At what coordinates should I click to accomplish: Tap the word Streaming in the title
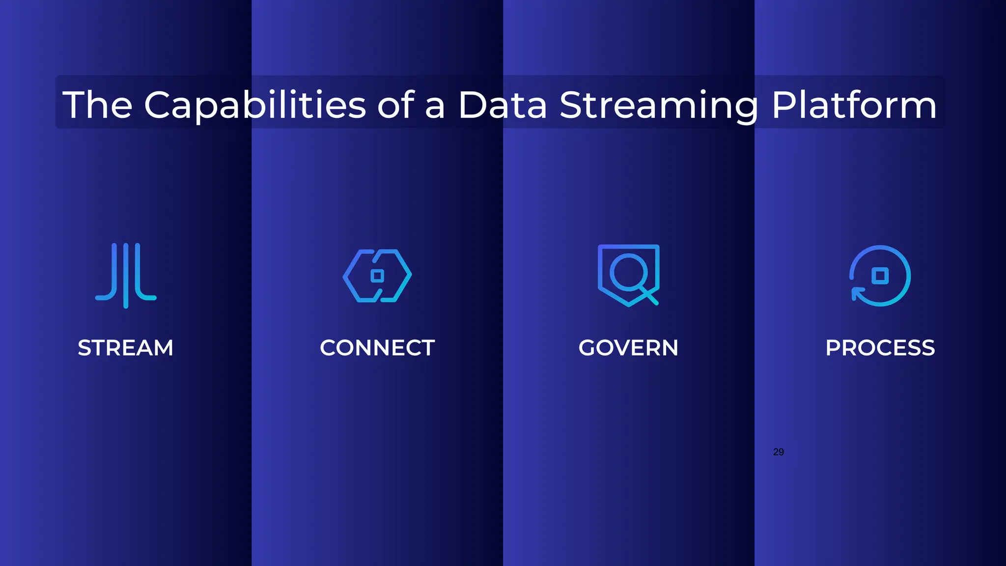click(x=659, y=105)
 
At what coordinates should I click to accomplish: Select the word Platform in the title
click(x=854, y=105)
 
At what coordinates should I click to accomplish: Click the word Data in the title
click(x=502, y=105)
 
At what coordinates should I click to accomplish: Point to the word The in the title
click(x=97, y=105)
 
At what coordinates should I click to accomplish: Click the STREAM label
click(x=126, y=348)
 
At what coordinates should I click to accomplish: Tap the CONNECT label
click(x=377, y=348)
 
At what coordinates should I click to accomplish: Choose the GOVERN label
click(x=628, y=348)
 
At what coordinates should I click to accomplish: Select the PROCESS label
click(x=880, y=348)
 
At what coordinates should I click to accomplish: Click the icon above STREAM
click(x=126, y=275)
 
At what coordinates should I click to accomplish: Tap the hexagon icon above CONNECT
click(x=377, y=276)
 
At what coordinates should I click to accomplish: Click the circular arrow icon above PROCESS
click(x=880, y=276)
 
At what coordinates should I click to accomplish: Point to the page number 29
click(x=778, y=452)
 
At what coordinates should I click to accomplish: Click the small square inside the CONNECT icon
click(x=377, y=276)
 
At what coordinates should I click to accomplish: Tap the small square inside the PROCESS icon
click(x=880, y=276)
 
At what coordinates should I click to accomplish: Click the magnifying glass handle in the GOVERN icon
click(x=650, y=297)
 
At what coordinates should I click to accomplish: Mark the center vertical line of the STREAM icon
click(x=126, y=275)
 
